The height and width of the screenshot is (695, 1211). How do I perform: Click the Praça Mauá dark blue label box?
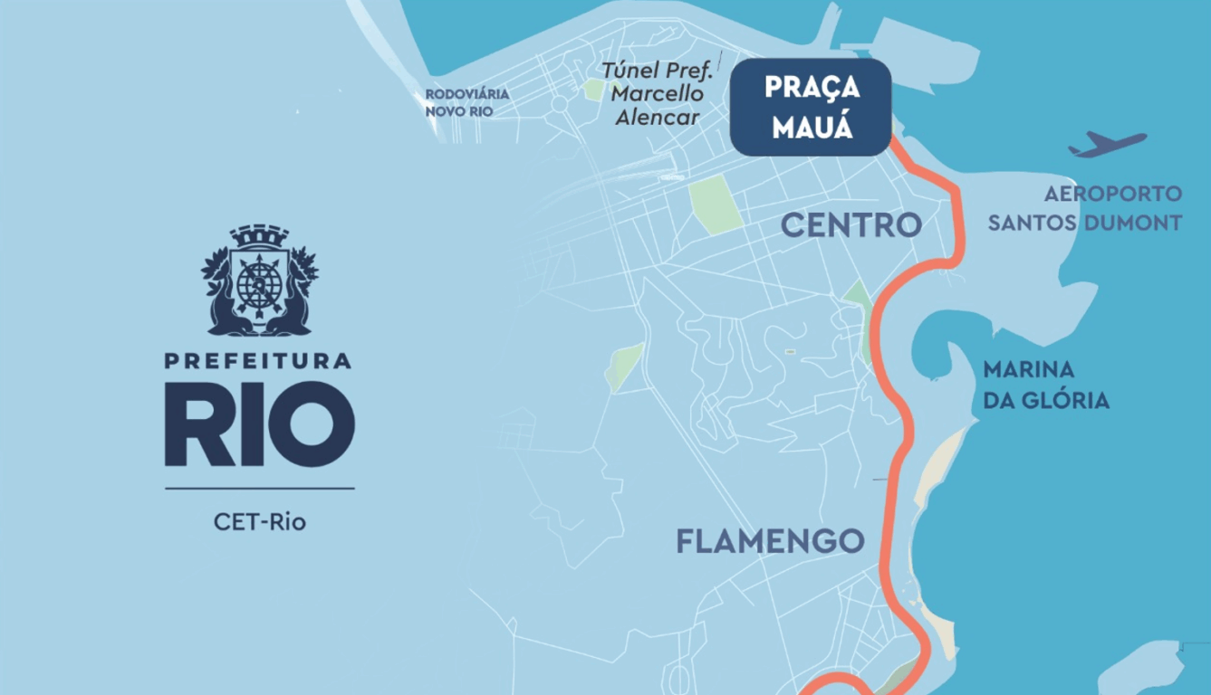coord(811,107)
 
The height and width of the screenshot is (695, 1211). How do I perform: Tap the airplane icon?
coord(1107,144)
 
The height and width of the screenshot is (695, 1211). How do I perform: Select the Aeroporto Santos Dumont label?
coord(1085,208)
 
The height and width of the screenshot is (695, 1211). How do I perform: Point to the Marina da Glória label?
coord(1045,385)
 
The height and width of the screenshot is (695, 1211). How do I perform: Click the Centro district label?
coord(851,225)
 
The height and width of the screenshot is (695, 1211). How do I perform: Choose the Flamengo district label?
coord(770,541)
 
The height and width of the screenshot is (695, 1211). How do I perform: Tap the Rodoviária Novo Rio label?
coord(466,102)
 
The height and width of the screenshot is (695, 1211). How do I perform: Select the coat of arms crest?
coord(260,281)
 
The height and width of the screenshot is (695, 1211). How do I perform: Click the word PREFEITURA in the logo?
coord(258,361)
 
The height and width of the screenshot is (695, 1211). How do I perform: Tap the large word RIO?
coord(259,424)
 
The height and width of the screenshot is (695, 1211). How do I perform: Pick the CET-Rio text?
coord(259,522)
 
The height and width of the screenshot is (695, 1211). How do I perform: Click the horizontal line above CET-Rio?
coord(259,489)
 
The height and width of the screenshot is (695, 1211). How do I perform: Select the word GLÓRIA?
coord(1066,400)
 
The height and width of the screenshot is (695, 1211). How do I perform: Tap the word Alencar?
coord(657,118)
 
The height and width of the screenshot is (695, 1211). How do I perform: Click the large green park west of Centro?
coord(716,205)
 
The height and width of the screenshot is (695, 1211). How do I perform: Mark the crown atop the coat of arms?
coord(259,237)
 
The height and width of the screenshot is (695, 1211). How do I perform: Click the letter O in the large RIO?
coord(317,424)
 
